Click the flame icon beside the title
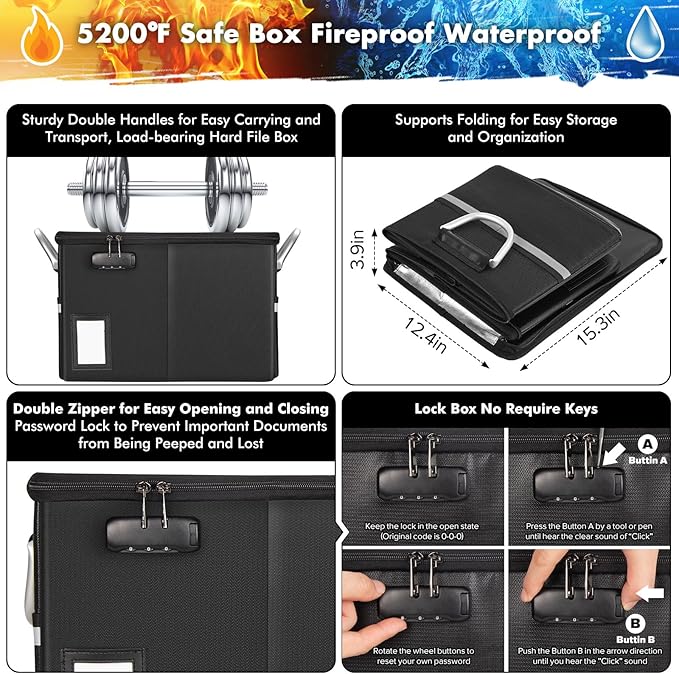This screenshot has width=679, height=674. pyautogui.click(x=41, y=38)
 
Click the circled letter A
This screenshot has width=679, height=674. pyautogui.click(x=647, y=444)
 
